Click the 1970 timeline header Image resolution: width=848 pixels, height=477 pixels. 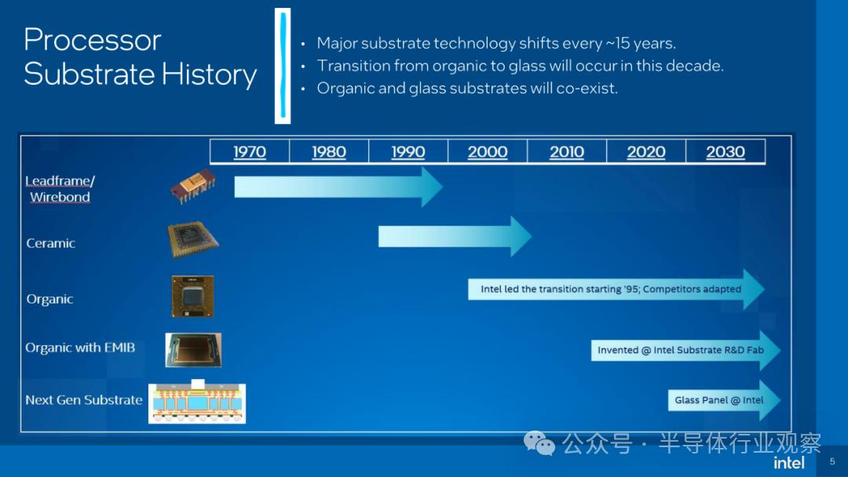[250, 151]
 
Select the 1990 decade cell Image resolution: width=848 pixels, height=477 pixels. [408, 151]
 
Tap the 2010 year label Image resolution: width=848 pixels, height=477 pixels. [567, 151]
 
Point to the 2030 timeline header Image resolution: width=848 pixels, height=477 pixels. [726, 151]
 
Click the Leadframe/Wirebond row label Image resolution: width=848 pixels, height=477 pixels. [60, 188]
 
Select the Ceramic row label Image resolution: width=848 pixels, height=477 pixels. [50, 243]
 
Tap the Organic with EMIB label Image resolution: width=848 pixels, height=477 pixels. [80, 348]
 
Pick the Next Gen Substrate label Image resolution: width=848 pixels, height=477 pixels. [84, 400]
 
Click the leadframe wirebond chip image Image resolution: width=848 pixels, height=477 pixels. [193, 186]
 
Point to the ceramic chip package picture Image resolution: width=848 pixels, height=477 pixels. [193, 238]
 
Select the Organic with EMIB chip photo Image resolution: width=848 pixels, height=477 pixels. [193, 350]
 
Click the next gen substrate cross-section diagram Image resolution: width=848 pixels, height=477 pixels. [197, 402]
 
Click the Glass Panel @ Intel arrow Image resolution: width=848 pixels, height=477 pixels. [724, 400]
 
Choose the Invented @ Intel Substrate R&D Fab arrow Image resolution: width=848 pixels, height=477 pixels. [685, 351]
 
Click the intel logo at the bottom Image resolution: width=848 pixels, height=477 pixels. [789, 463]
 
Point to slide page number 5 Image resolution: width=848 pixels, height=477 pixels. [832, 462]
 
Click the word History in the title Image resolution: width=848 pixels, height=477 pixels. [210, 75]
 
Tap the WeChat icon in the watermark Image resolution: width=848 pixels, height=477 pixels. [539, 443]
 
